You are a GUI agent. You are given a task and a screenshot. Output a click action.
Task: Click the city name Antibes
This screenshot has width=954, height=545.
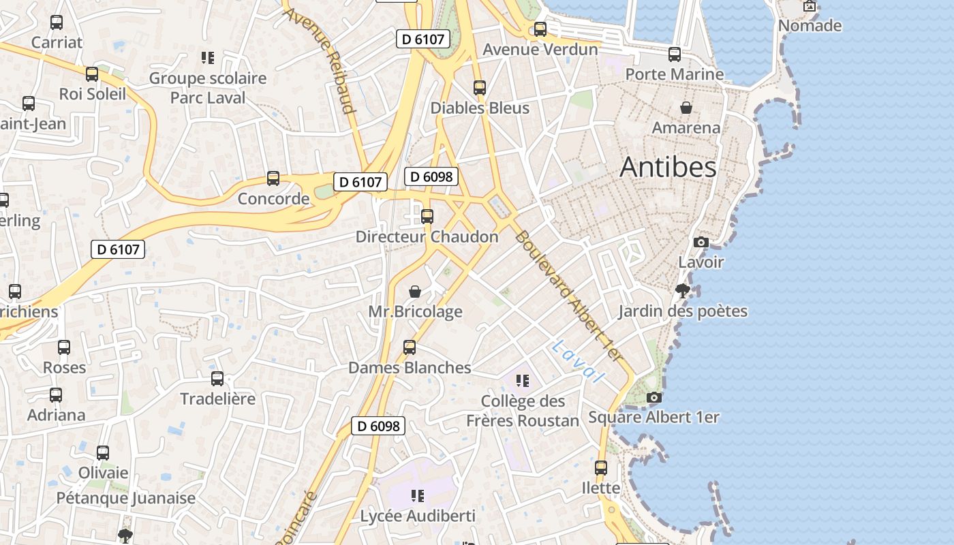click(x=668, y=168)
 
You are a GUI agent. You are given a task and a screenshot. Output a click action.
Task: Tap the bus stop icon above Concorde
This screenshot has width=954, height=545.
click(x=273, y=178)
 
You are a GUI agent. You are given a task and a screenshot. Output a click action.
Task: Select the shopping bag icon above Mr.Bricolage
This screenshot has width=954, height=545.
click(x=415, y=292)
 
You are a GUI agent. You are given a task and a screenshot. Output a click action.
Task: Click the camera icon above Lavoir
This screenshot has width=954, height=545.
click(x=701, y=242)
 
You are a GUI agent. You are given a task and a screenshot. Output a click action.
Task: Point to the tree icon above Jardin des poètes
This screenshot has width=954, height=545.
click(x=682, y=291)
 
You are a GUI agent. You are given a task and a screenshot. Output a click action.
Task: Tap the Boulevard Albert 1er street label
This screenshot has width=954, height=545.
click(x=569, y=296)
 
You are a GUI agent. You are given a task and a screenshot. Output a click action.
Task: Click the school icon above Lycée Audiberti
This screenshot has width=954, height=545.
click(x=417, y=495)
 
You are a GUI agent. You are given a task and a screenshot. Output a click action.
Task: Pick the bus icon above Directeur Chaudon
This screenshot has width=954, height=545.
click(x=427, y=217)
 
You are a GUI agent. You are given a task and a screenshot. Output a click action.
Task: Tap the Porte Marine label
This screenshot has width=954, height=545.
click(x=674, y=74)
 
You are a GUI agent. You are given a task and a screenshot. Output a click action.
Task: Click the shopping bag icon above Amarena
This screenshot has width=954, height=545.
click(x=686, y=108)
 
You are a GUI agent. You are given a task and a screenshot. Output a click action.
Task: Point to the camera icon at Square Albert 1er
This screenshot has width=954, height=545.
click(x=654, y=397)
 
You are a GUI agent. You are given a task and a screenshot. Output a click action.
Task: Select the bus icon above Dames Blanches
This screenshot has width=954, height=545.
click(x=410, y=347)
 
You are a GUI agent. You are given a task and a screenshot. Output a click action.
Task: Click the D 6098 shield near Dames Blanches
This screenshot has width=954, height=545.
click(x=378, y=426)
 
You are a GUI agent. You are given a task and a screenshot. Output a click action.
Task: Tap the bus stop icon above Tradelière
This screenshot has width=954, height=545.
click(x=217, y=379)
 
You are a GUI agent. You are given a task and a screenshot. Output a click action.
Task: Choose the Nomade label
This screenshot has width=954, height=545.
click(x=810, y=26)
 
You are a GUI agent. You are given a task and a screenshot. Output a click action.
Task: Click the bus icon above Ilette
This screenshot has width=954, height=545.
click(x=601, y=468)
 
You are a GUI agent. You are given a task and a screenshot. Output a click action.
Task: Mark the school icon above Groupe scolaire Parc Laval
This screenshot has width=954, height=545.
click(x=208, y=58)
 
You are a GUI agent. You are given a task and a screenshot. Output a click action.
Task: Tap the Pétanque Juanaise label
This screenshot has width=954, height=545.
click(x=125, y=498)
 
